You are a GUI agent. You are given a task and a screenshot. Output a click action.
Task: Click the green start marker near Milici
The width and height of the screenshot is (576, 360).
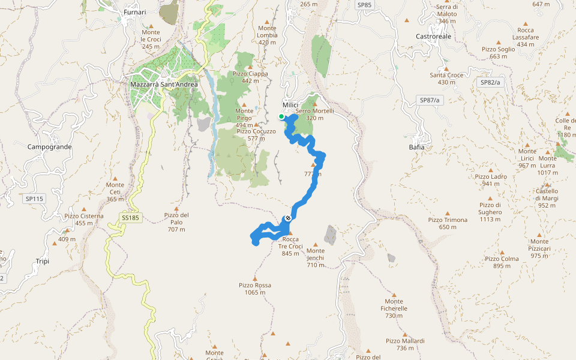(x=281, y=116)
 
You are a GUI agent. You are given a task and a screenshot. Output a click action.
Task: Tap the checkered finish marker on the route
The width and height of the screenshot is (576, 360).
(x=289, y=218)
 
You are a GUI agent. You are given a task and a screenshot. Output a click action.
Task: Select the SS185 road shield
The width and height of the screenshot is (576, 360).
(x=130, y=218)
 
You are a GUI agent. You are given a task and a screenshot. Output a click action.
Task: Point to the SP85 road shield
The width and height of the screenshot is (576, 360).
(x=364, y=5)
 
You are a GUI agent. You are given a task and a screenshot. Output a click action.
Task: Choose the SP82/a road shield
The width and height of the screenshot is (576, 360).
(x=490, y=82)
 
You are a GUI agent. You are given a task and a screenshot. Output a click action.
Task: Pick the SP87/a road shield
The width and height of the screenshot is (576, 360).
(x=430, y=100)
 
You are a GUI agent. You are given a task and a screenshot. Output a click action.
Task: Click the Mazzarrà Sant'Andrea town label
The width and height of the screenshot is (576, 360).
(x=155, y=85)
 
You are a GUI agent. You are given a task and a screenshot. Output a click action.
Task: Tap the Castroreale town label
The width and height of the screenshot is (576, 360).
(x=433, y=36)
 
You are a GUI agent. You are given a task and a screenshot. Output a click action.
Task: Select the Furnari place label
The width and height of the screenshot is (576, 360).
(x=134, y=13)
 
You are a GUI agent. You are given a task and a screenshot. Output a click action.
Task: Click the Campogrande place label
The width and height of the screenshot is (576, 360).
(x=50, y=146)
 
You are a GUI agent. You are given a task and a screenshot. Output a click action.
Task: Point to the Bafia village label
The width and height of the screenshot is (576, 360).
(x=416, y=147)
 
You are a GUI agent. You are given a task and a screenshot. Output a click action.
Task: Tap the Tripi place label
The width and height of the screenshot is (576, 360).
(x=42, y=262)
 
